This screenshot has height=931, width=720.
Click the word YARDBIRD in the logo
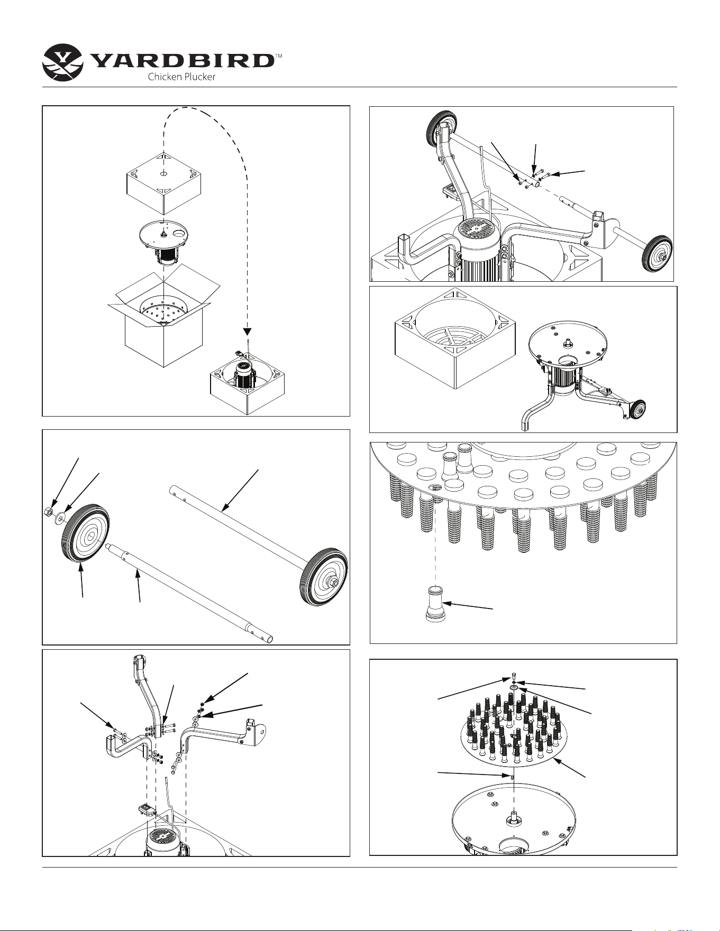(183, 60)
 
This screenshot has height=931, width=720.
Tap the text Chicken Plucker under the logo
(181, 77)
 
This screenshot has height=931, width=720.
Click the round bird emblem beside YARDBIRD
(63, 62)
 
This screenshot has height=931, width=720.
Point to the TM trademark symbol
(278, 55)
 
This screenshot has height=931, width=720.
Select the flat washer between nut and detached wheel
(57, 515)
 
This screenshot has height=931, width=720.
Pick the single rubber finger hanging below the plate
(434, 603)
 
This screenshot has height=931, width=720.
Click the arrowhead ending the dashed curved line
(247, 331)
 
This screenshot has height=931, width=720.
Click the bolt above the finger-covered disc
(514, 677)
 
